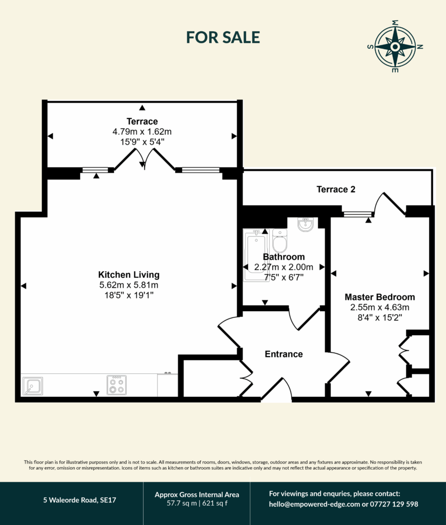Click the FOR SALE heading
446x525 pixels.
click(x=223, y=37)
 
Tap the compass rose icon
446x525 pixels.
click(x=395, y=47)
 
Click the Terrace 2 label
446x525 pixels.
click(x=336, y=190)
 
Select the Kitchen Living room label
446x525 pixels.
click(x=129, y=275)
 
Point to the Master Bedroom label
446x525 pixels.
click(x=380, y=297)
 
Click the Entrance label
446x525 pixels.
click(x=283, y=354)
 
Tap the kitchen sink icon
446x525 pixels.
click(x=33, y=386)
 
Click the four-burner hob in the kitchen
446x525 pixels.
click(x=116, y=385)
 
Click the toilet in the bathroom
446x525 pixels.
click(x=279, y=240)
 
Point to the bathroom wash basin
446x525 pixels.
click(x=306, y=225)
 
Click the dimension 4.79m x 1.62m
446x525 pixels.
click(x=142, y=132)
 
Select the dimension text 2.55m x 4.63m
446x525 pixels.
click(x=380, y=308)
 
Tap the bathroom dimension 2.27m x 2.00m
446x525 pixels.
click(x=283, y=267)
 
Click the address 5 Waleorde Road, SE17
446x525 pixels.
click(x=79, y=500)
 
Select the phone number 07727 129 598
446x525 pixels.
click(x=394, y=504)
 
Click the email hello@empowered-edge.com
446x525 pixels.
click(x=314, y=504)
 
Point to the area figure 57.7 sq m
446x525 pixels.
click(x=182, y=503)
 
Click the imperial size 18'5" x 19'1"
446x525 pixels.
click(x=129, y=295)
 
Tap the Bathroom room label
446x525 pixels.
click(x=283, y=257)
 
